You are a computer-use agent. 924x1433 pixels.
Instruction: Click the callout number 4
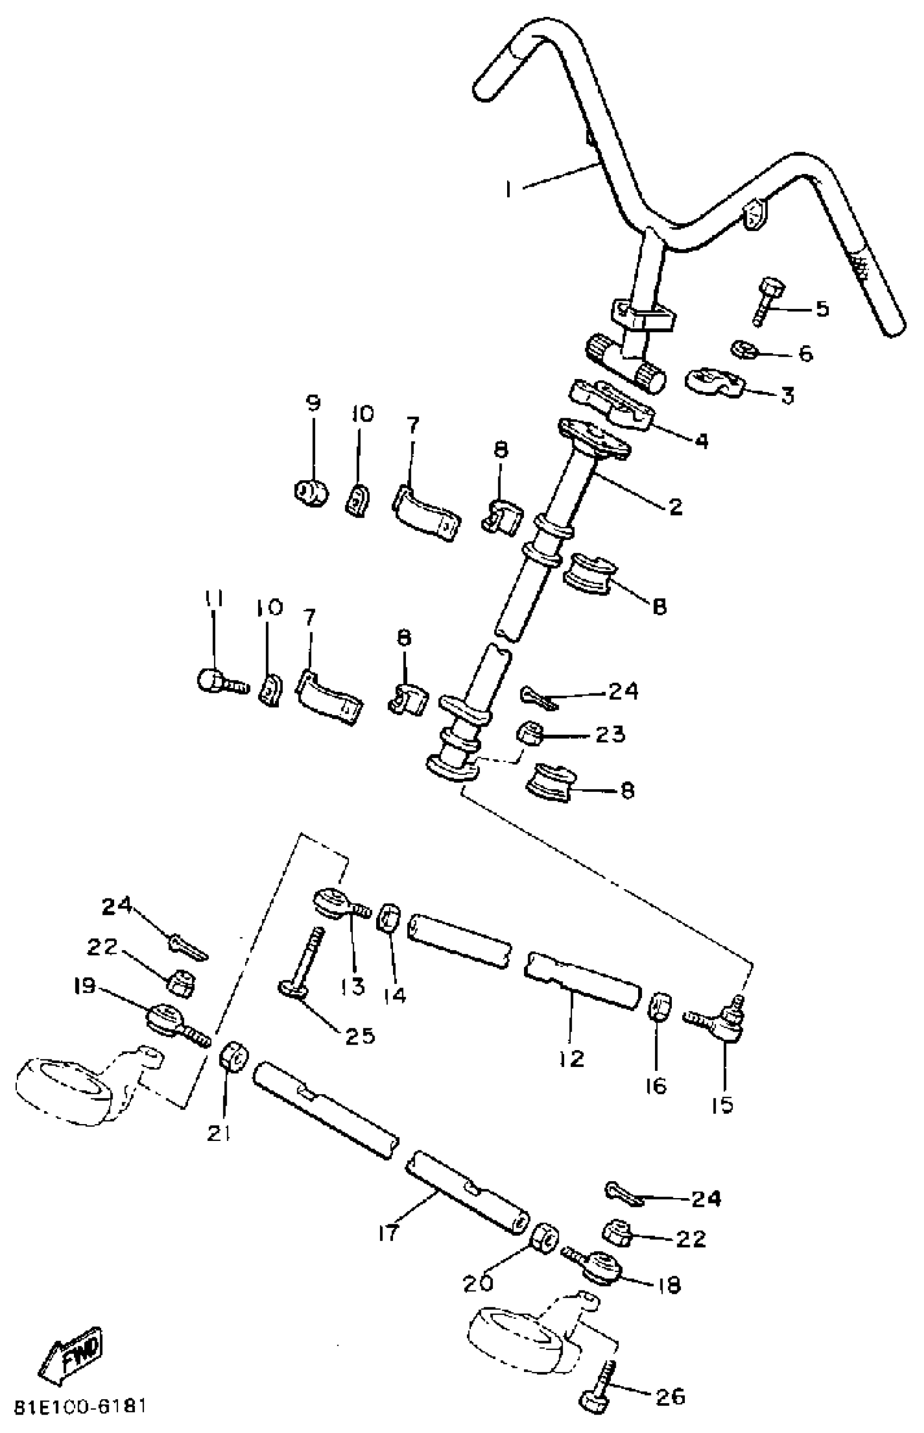[701, 441]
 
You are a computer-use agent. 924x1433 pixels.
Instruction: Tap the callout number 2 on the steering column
[675, 507]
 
